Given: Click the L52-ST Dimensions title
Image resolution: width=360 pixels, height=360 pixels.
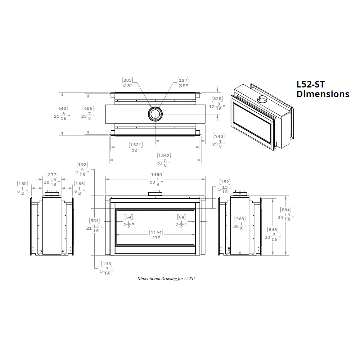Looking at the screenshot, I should [x=323, y=89].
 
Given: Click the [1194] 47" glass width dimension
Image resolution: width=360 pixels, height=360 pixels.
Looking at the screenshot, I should [x=156, y=234].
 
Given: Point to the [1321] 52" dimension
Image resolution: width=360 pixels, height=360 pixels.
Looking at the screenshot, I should [x=135, y=147].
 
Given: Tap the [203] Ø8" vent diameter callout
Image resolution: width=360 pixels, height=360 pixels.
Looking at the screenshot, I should [x=127, y=83].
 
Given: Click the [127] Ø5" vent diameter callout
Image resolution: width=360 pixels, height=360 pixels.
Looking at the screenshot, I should [x=183, y=83].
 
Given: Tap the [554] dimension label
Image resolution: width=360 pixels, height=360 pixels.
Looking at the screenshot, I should [x=95, y=225].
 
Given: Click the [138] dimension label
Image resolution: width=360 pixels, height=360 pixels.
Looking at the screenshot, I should [x=107, y=268].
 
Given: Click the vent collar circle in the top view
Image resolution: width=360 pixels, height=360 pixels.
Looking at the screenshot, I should [x=155, y=114].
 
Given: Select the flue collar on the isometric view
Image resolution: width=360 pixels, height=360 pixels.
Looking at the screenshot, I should [x=262, y=100].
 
